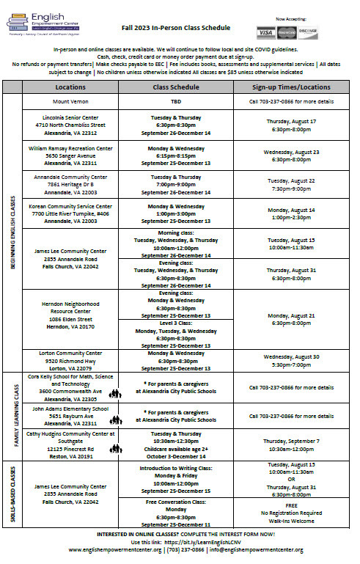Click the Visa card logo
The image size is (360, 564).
pos(265,33)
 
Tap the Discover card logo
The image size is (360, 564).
pos(308,33)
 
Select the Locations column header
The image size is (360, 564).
pos(71,87)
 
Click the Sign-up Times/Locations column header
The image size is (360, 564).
pos(291,87)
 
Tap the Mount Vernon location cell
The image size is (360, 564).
pos(71,101)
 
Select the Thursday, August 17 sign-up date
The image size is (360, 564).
pos(291,121)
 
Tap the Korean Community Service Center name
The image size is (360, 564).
pos(71,207)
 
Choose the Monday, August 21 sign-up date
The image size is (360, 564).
pos(291,315)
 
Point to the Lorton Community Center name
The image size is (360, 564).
pos(71,354)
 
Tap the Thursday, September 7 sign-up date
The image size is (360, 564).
pos(291,442)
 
